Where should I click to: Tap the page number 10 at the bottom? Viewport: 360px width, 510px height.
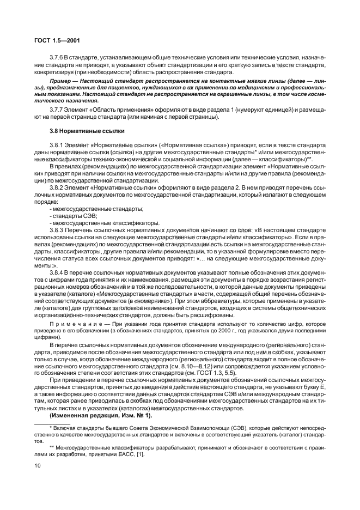[x=38, y=466]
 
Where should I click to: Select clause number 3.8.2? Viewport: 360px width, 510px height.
[x=56, y=187]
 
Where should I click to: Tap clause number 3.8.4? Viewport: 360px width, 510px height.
[x=56, y=272]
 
